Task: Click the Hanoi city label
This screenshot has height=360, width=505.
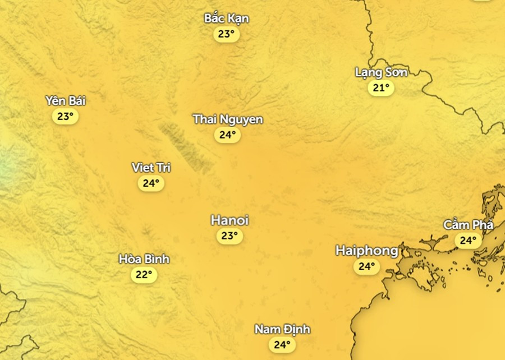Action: click(x=229, y=220)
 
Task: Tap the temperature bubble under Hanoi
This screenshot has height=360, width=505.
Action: click(x=229, y=236)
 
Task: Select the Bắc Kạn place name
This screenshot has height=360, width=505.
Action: click(x=226, y=19)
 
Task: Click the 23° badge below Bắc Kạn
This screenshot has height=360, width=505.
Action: click(x=226, y=34)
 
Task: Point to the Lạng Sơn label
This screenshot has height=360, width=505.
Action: click(x=381, y=72)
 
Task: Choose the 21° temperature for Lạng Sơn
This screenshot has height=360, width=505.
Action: click(x=381, y=88)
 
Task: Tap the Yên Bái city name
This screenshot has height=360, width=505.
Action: click(x=66, y=101)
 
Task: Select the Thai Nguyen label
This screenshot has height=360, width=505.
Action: click(x=227, y=119)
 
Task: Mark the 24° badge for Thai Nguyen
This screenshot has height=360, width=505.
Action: click(x=227, y=135)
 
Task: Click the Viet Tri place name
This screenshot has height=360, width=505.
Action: click(x=151, y=168)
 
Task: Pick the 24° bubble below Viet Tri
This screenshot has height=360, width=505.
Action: click(x=151, y=183)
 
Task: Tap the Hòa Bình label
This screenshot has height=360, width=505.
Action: click(x=144, y=259)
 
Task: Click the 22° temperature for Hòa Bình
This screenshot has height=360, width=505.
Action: click(x=144, y=275)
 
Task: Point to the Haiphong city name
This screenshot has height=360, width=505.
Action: click(x=366, y=251)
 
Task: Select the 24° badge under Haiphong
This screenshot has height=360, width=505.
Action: click(x=366, y=266)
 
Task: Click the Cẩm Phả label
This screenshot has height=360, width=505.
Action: click(x=468, y=225)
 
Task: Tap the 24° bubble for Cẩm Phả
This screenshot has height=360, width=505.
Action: click(x=468, y=241)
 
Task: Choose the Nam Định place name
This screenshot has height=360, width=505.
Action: click(x=282, y=329)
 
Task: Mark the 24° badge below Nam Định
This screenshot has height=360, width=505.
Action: click(x=282, y=344)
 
